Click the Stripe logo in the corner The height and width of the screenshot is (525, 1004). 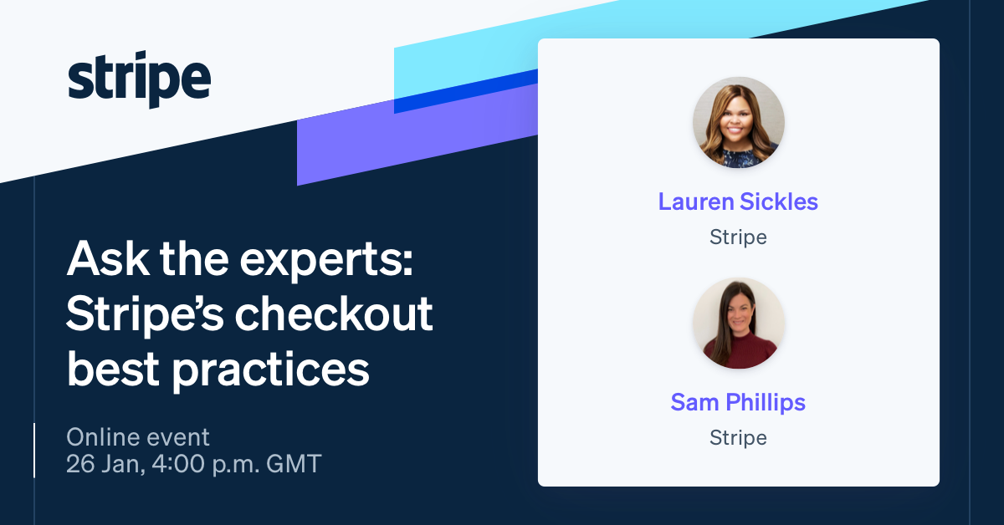[x=139, y=82]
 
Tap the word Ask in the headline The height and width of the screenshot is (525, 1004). [x=100, y=262]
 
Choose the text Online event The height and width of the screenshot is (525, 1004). [x=138, y=436]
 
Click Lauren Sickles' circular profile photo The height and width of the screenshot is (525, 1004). [x=739, y=123]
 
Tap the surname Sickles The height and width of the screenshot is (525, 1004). [x=780, y=201]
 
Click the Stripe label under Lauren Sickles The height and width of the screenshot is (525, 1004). [x=738, y=237]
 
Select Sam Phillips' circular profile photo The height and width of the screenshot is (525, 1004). [x=739, y=324]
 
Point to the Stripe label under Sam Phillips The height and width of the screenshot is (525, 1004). [x=738, y=437]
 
